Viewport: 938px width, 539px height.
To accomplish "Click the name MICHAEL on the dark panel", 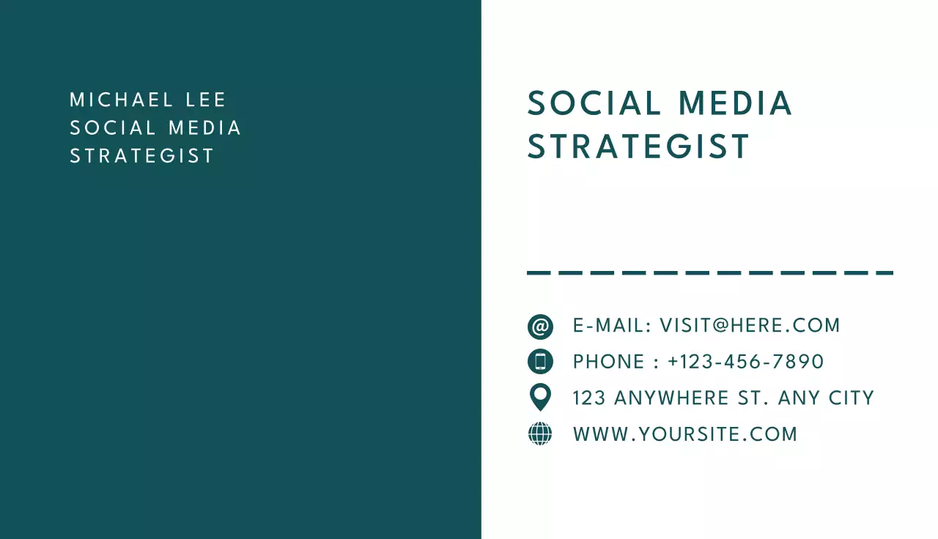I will click(122, 100).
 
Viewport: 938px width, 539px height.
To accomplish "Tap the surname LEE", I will click(207, 100).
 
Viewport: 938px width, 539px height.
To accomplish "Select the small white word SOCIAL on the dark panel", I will click(113, 128).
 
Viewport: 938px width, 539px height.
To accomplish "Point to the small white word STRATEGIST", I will click(142, 156).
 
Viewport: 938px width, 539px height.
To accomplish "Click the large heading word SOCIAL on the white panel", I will click(594, 103).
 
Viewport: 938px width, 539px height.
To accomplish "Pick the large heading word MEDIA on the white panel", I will click(735, 103).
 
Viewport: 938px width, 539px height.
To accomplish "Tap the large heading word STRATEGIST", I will click(639, 146).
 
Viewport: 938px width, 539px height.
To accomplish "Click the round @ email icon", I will click(540, 327).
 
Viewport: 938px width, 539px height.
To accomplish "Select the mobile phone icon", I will click(540, 362).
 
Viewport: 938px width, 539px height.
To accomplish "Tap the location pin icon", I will click(540, 396).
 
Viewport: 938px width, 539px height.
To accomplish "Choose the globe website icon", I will click(540, 434).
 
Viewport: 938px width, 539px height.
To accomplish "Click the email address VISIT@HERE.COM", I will click(750, 326).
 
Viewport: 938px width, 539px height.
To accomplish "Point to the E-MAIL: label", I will click(612, 326).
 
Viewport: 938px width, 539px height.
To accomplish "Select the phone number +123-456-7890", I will click(745, 362).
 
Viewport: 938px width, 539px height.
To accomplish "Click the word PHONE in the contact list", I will click(599, 362).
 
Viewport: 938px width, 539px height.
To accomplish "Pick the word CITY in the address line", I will click(852, 398).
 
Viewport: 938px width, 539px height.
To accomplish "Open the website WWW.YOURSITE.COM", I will click(685, 434).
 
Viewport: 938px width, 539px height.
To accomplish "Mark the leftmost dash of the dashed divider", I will click(539, 273).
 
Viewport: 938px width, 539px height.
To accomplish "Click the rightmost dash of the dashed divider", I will click(885, 273).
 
